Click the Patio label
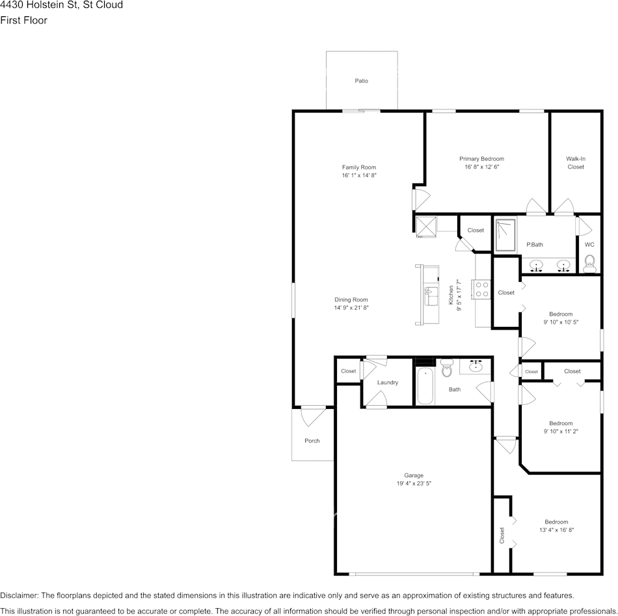click(361, 81)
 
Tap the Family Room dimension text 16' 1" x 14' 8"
click(359, 176)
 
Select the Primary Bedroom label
click(481, 159)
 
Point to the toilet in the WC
click(589, 262)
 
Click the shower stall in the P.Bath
click(505, 234)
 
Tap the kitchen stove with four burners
click(481, 288)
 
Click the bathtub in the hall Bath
click(425, 386)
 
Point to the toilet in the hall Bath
click(446, 368)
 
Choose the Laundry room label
click(387, 382)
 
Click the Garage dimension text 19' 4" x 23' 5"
click(414, 484)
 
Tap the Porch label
click(312, 441)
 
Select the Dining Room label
click(351, 300)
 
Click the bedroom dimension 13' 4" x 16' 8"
click(556, 530)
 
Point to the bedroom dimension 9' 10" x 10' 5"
click(561, 322)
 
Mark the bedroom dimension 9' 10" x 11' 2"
click(561, 431)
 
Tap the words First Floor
click(24, 20)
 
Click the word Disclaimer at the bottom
click(19, 595)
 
